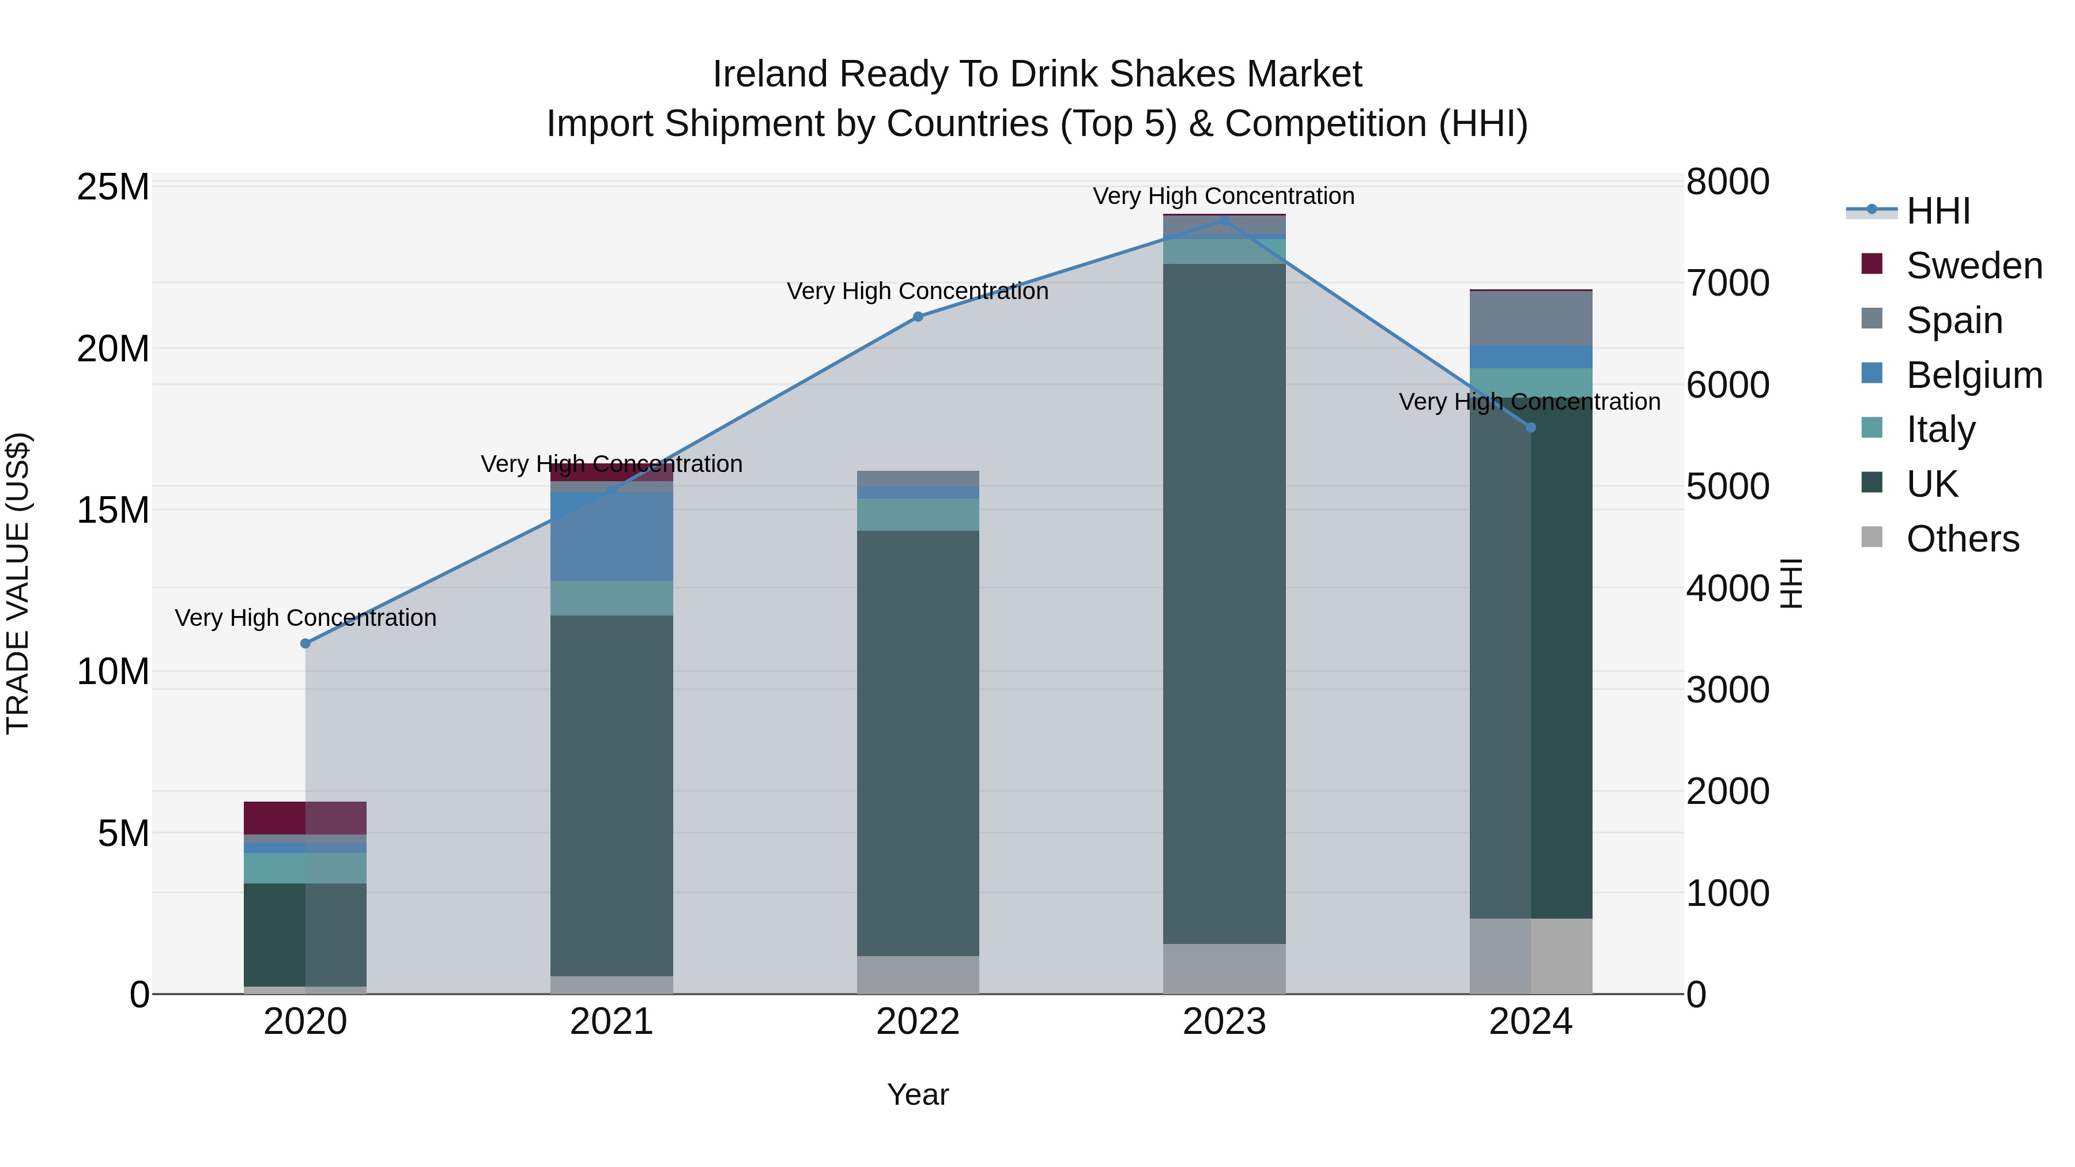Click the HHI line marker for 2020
point(305,644)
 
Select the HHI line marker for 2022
point(918,316)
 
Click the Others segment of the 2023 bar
point(1224,968)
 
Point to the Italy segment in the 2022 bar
point(918,515)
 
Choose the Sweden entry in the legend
point(1974,266)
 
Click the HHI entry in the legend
point(1937,211)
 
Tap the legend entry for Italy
point(1941,429)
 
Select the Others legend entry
point(1962,539)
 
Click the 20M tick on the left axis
point(113,349)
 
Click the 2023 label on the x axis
point(1224,1022)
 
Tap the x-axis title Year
point(918,1094)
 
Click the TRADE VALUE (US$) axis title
point(18,583)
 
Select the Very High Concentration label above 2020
point(305,618)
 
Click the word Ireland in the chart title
point(769,74)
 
